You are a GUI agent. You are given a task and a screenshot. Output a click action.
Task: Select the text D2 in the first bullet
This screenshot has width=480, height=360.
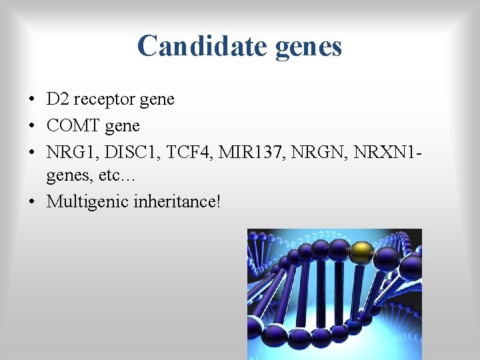[56, 100]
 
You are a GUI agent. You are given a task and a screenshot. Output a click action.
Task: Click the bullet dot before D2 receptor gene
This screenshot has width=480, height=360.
[32, 101]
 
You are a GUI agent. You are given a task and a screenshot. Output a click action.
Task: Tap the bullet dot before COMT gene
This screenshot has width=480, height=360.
[32, 126]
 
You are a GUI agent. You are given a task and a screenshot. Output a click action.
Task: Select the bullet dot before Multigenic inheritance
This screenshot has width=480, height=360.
[32, 201]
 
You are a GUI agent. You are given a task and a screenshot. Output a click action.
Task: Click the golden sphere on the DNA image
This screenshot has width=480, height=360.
[361, 251]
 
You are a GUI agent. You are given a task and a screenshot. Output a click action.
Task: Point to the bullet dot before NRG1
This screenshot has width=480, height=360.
[32, 151]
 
